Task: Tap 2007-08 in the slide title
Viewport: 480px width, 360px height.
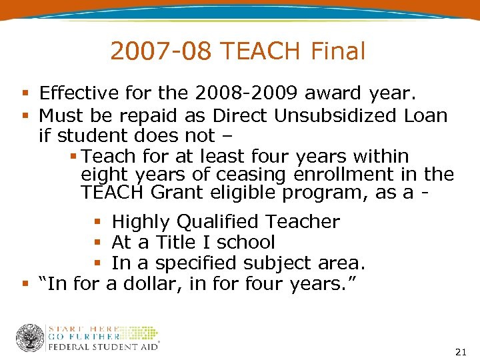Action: (160, 51)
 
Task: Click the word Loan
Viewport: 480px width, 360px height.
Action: (425, 115)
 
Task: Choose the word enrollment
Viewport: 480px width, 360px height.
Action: (352, 175)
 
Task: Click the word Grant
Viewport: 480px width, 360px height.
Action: (178, 193)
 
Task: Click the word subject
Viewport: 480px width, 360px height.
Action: (255, 263)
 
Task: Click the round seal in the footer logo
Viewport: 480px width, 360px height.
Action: (30, 338)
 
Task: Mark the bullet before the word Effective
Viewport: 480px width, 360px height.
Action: (25, 93)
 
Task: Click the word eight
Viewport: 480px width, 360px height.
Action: (101, 175)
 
